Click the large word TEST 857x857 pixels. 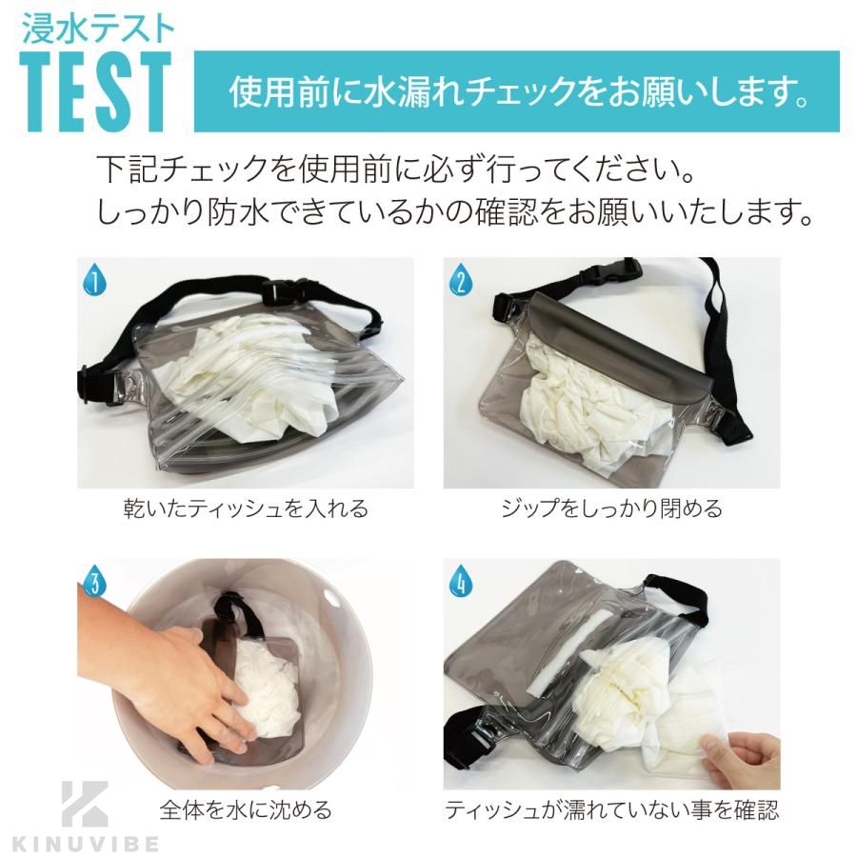96,91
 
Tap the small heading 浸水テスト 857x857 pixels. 98,29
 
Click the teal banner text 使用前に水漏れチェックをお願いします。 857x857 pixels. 519,91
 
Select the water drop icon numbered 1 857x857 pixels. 94,283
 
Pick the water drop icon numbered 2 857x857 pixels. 461,283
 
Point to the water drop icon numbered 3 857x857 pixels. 94,584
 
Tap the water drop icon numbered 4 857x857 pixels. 461,584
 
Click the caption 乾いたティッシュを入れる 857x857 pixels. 246,509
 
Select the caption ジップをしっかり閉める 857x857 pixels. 612,509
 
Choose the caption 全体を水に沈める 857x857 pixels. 246,809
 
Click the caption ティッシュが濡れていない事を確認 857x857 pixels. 611,809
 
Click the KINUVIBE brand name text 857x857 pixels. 86,844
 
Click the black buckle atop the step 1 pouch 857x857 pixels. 287,291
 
